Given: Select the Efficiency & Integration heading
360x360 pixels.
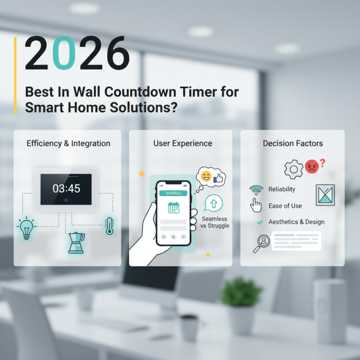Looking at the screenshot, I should [68, 144].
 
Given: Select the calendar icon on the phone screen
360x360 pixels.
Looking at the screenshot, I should [174, 207].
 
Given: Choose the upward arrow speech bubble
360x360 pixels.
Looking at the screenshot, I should [213, 203].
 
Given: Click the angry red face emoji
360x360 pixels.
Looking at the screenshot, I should [311, 167].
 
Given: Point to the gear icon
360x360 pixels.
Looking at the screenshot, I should [293, 169].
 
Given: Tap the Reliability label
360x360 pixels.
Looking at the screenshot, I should [282, 189].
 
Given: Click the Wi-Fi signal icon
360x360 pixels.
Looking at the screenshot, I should [256, 189].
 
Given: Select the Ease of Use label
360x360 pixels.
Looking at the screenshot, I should [285, 206].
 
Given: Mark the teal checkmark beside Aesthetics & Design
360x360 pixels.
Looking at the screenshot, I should [259, 222].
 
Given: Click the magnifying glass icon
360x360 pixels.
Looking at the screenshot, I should [261, 243].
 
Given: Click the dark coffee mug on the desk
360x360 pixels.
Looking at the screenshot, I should [188, 327].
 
